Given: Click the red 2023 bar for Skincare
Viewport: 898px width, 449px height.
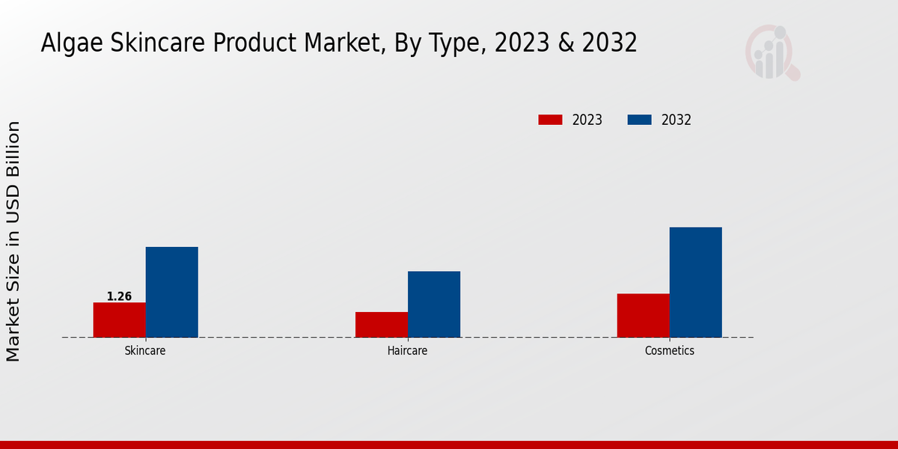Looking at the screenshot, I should click(x=119, y=320).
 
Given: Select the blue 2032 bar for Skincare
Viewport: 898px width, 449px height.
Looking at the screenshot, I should click(x=171, y=292).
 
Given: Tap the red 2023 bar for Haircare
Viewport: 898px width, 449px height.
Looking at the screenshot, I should click(x=381, y=324).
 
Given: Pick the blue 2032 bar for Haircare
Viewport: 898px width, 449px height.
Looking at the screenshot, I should click(x=433, y=304).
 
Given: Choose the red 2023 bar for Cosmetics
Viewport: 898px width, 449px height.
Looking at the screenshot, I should click(x=643, y=315).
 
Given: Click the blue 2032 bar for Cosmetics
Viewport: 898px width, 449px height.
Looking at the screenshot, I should click(x=695, y=282).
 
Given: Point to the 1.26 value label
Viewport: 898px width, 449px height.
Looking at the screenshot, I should click(x=119, y=296).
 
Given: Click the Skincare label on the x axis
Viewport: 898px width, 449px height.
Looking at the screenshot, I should click(x=145, y=350).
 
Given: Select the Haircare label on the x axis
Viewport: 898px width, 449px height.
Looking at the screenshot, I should click(x=407, y=350).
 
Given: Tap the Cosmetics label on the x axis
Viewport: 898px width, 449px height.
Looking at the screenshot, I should click(x=669, y=350).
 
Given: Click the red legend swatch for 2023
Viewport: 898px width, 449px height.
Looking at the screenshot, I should click(x=550, y=120).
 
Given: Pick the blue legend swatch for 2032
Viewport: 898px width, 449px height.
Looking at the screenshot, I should click(x=639, y=120).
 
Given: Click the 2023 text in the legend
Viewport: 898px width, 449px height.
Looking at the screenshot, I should click(x=587, y=120).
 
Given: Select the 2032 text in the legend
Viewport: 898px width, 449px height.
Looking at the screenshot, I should click(x=676, y=120).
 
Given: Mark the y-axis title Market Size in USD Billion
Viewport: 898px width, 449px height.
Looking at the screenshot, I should click(x=13, y=241).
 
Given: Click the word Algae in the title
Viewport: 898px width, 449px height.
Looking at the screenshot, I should click(x=73, y=43).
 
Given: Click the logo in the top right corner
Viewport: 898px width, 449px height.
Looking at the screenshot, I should click(x=772, y=52).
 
